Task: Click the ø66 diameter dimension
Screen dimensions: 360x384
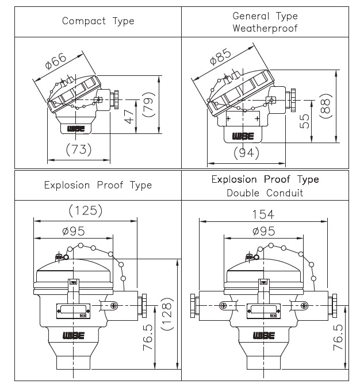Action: (x=56, y=60)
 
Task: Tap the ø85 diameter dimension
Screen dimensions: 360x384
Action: (x=220, y=57)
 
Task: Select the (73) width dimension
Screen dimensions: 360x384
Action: (x=79, y=149)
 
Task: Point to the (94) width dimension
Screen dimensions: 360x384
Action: (x=246, y=152)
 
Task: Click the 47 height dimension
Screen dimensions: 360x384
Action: (x=129, y=117)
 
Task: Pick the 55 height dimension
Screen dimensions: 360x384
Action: (x=304, y=121)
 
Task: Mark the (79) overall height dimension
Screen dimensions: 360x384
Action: (x=148, y=105)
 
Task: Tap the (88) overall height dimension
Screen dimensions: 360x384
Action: (x=325, y=106)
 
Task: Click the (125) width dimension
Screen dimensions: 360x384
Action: (x=85, y=210)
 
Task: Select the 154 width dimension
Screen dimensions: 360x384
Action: (x=263, y=214)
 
